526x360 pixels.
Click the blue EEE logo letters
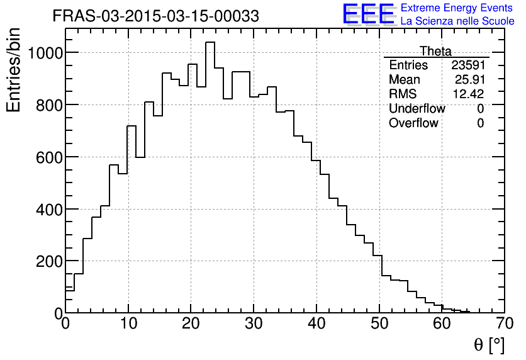pos(369,14)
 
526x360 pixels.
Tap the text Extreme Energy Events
pos(457,8)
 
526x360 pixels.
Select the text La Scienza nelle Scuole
pos(457,21)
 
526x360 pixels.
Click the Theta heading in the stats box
pos(435,52)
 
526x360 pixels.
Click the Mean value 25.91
pos(469,80)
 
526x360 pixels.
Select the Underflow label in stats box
pos(417,109)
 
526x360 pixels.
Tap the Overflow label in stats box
pos(413,123)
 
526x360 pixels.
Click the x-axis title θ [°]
pos(488,344)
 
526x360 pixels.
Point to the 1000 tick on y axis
pos(48,53)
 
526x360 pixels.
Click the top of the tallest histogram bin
pos(210,42)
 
